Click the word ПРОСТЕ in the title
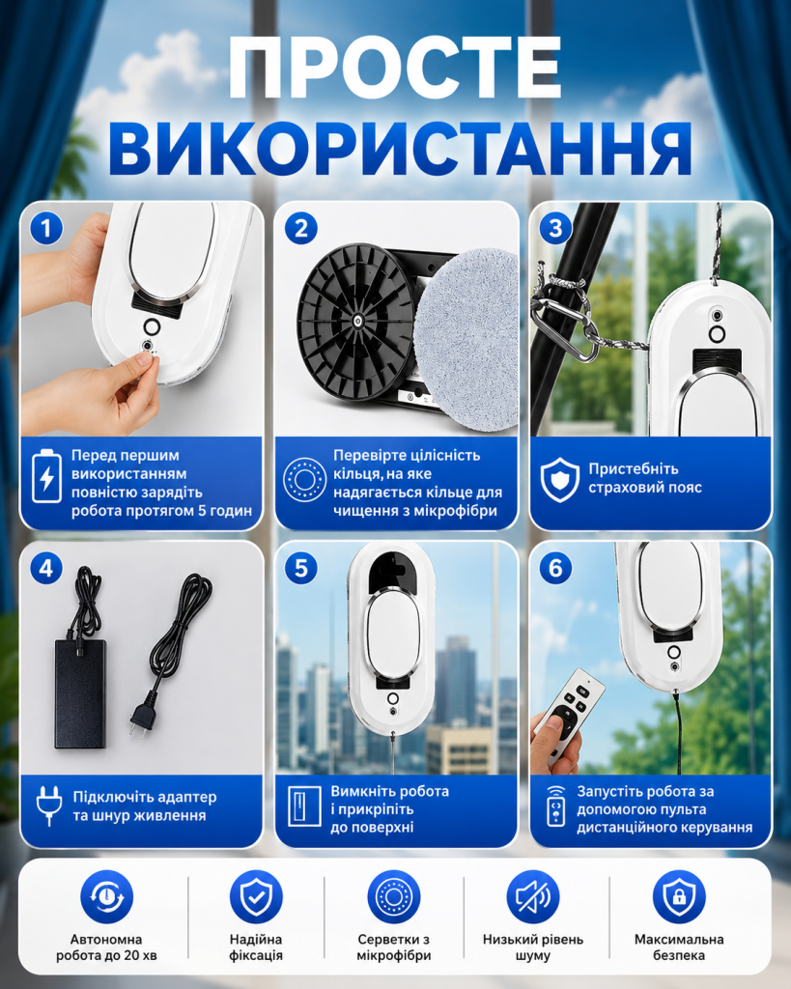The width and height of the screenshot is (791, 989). pyautogui.click(x=395, y=69)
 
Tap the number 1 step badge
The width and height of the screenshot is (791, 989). pyautogui.click(x=46, y=228)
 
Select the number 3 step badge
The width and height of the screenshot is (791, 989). pyautogui.click(x=555, y=228)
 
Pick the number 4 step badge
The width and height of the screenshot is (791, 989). pyautogui.click(x=46, y=568)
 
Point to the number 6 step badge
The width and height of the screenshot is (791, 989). pyautogui.click(x=555, y=568)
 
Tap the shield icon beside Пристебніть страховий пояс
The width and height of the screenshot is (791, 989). pyautogui.click(x=560, y=479)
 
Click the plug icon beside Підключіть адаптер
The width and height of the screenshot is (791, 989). pyautogui.click(x=48, y=805)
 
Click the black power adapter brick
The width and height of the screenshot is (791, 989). pyautogui.click(x=79, y=693)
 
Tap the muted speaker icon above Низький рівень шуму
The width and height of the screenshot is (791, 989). pyautogui.click(x=533, y=897)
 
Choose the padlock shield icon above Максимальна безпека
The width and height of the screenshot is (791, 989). pyautogui.click(x=679, y=897)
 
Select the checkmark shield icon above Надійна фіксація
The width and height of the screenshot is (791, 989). pyautogui.click(x=256, y=897)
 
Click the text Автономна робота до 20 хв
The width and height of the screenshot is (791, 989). pyautogui.click(x=106, y=947)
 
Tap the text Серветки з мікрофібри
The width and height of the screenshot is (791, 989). pyautogui.click(x=394, y=947)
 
